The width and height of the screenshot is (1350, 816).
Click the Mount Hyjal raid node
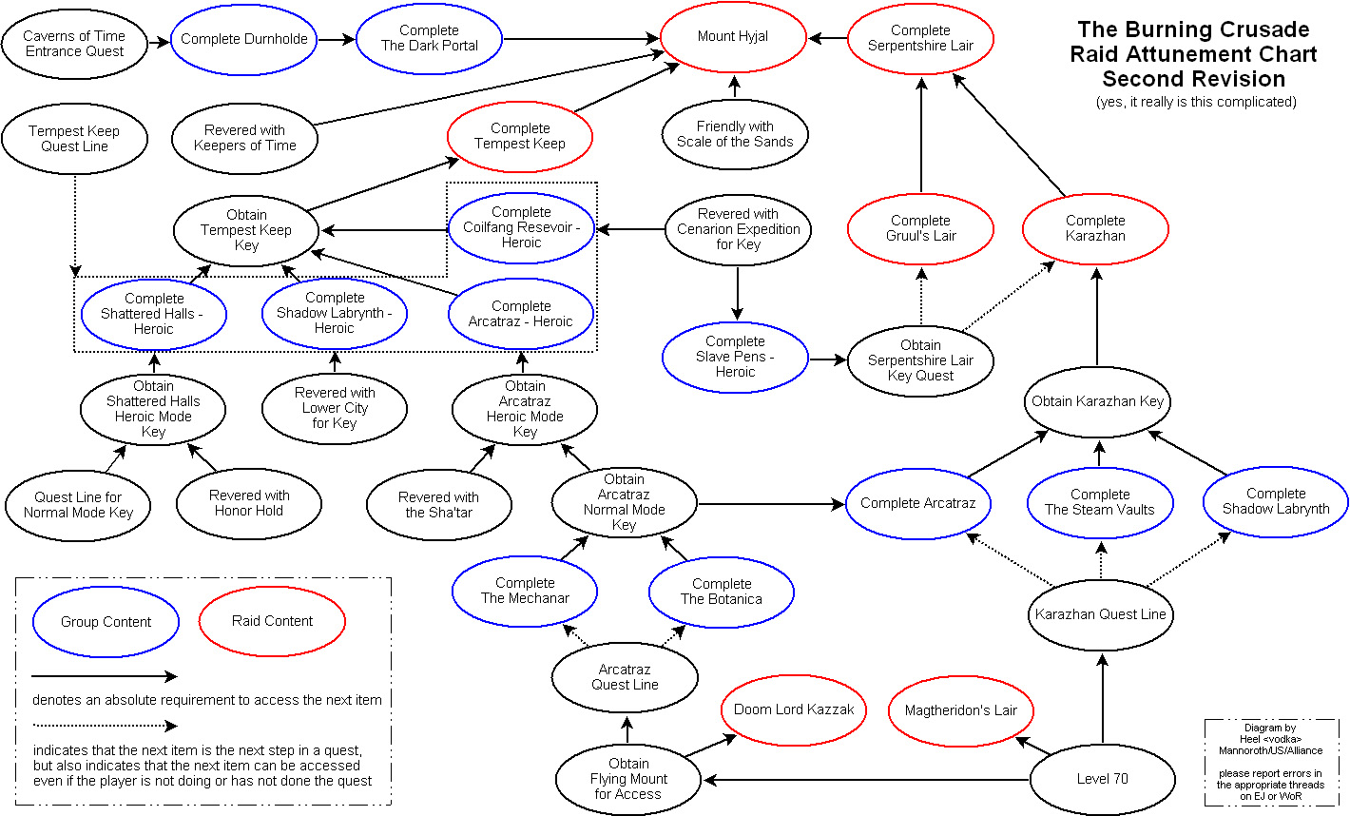[x=733, y=37]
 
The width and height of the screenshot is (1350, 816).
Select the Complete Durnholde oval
[x=244, y=39]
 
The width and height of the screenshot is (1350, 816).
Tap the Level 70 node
[x=1103, y=779]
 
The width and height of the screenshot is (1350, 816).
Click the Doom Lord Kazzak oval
[x=794, y=709]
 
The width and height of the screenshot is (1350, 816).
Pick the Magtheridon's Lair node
[x=961, y=710]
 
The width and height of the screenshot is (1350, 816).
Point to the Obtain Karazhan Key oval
[x=1098, y=401]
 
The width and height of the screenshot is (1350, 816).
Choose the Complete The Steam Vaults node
[x=1100, y=502]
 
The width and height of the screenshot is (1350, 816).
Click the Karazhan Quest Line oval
[x=1101, y=614]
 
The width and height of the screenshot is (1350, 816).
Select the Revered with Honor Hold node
[x=249, y=503]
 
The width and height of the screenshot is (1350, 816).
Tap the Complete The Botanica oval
[x=722, y=592]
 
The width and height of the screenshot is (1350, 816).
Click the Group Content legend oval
[x=106, y=622]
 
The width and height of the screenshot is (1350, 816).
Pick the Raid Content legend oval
[x=272, y=621]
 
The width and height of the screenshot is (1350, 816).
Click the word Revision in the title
[x=1241, y=79]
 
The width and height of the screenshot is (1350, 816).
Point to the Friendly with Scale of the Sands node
[x=735, y=134]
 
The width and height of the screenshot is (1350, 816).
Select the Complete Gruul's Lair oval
[x=920, y=228]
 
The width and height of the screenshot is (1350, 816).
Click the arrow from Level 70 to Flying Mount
[x=865, y=781]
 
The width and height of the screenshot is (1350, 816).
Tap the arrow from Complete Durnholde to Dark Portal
[x=337, y=39]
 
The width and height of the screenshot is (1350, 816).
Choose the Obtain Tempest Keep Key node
[x=246, y=230]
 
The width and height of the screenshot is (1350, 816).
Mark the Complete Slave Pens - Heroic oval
[x=735, y=357]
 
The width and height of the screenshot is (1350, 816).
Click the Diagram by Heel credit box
[x=1270, y=762]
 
